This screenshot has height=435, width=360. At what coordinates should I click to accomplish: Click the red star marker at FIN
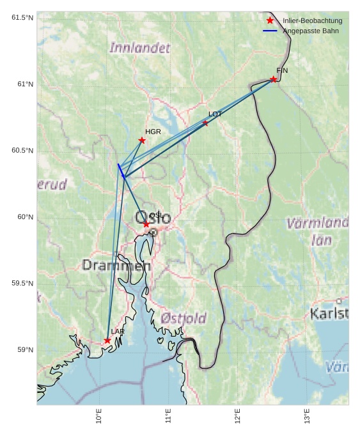point(273,79)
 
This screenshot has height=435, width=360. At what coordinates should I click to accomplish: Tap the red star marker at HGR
point(142,141)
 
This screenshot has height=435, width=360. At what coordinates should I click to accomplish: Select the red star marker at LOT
point(205,123)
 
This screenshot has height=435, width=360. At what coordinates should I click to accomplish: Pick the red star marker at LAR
point(107,340)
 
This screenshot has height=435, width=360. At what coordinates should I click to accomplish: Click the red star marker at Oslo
point(146,224)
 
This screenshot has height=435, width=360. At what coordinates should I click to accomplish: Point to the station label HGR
point(153,132)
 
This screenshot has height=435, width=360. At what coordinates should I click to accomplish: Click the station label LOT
point(215,114)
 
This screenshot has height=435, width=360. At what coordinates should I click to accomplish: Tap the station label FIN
point(282,70)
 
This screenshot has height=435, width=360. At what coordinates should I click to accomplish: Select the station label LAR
point(118,332)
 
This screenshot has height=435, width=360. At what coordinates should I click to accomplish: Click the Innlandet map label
point(140,48)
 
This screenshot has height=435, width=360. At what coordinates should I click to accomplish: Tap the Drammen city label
point(116,265)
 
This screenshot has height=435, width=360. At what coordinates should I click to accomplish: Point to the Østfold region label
point(184,318)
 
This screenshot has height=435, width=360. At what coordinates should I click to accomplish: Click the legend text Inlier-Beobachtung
point(312,21)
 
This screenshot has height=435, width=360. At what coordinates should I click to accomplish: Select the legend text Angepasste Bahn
point(311,31)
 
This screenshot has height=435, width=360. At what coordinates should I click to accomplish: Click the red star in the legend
point(270,21)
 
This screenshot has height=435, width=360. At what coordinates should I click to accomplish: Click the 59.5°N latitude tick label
point(19,284)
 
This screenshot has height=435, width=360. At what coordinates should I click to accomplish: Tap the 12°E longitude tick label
point(237,416)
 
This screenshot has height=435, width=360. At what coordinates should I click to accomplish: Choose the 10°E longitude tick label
point(99,416)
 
